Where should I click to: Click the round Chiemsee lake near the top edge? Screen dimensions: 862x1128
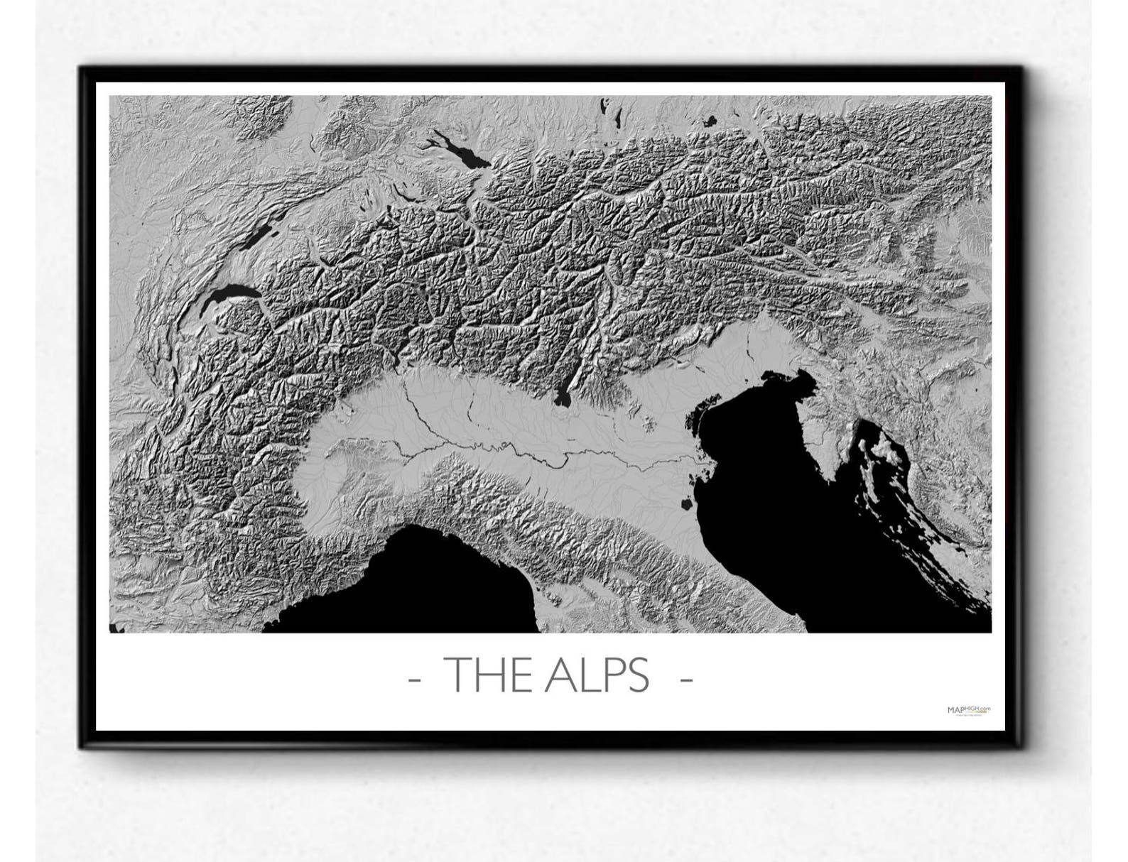[x=709, y=121]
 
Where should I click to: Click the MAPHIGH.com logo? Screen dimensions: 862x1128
[x=969, y=709]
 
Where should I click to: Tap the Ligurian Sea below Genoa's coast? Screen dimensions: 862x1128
[x=426, y=582]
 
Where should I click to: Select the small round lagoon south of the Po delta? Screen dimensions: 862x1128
[x=686, y=505]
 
